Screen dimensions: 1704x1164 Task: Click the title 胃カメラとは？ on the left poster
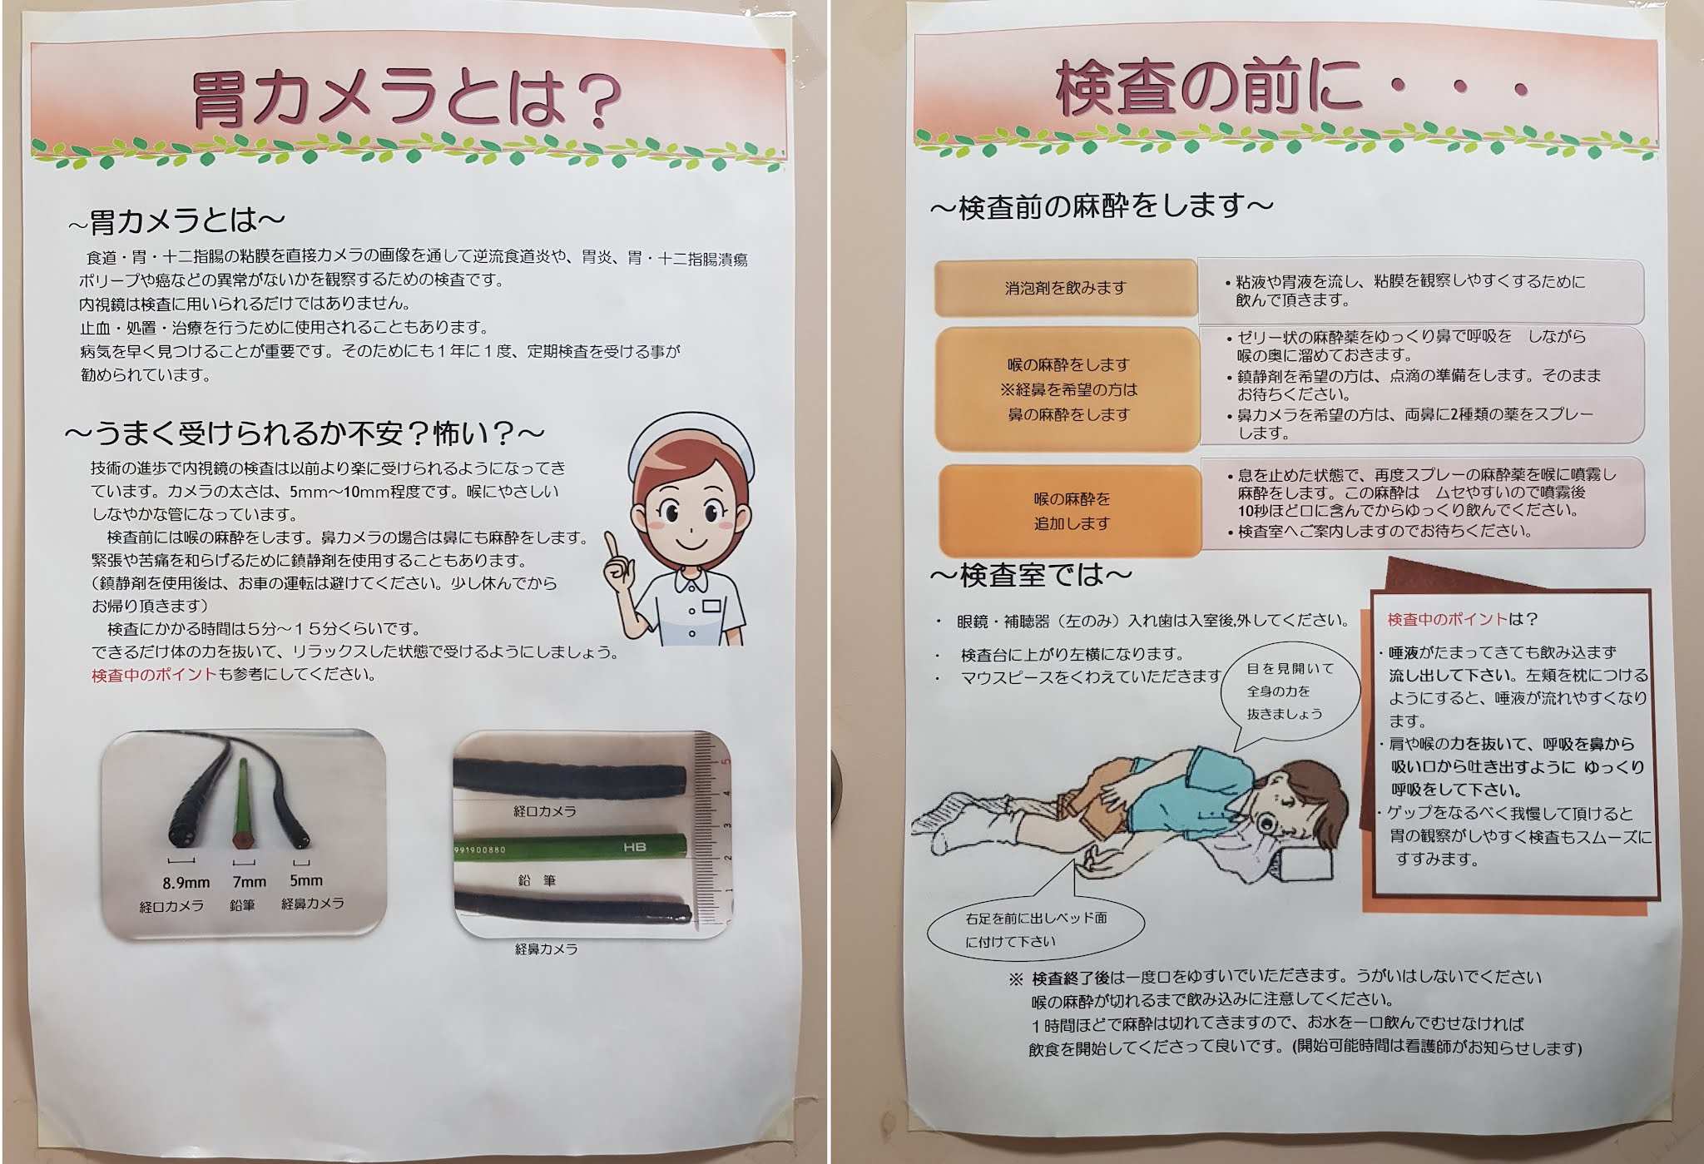(x=407, y=98)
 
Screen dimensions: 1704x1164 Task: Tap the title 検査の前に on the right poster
(x=1208, y=88)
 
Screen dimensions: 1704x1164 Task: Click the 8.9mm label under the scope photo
(x=186, y=882)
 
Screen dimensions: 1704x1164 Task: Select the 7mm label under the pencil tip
(x=249, y=881)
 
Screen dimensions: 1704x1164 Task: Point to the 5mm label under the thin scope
(x=305, y=879)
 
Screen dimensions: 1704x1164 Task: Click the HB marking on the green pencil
(x=635, y=847)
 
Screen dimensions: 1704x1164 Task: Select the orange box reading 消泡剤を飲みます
(x=1066, y=288)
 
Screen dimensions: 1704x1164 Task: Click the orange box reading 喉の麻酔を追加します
(x=1072, y=511)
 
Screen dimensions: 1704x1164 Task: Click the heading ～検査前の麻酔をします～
(x=1101, y=206)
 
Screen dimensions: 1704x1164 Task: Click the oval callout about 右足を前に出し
(x=1035, y=929)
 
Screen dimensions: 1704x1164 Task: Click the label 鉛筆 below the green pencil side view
(x=537, y=879)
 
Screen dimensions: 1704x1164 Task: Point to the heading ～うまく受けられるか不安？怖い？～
(x=305, y=433)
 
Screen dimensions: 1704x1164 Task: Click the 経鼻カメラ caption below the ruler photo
(x=546, y=949)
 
